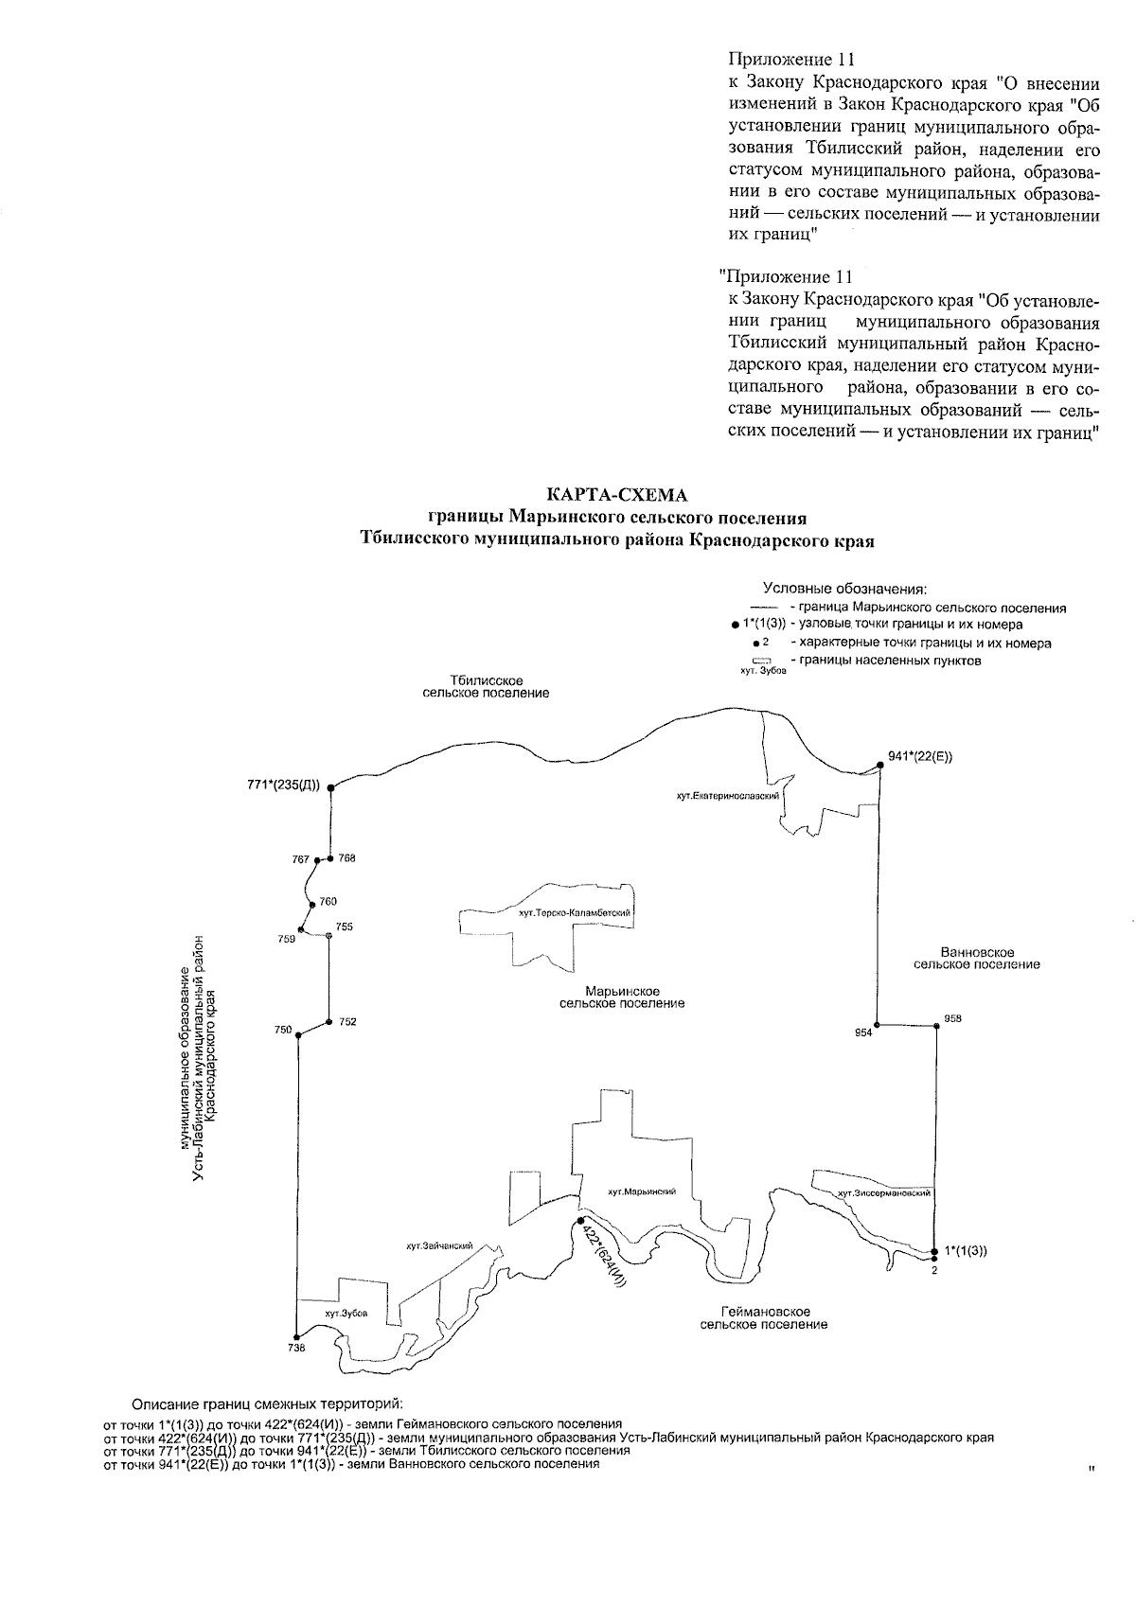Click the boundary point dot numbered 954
pos(878,1025)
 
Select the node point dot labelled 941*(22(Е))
pos(879,764)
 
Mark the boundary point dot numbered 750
pos(297,1035)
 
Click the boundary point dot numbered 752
pos(328,1022)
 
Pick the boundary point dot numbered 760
pos(311,904)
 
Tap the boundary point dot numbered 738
pos(296,1336)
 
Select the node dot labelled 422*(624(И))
pos(580,1221)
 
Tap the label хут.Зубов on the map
pos(345,1315)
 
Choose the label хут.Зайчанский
pos(438,1246)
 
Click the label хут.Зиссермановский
pos(884,1193)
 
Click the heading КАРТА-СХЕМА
pos(616,495)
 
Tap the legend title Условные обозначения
pos(844,589)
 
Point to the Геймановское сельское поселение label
pos(764,1317)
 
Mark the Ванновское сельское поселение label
pos(977,958)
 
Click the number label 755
pos(344,927)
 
